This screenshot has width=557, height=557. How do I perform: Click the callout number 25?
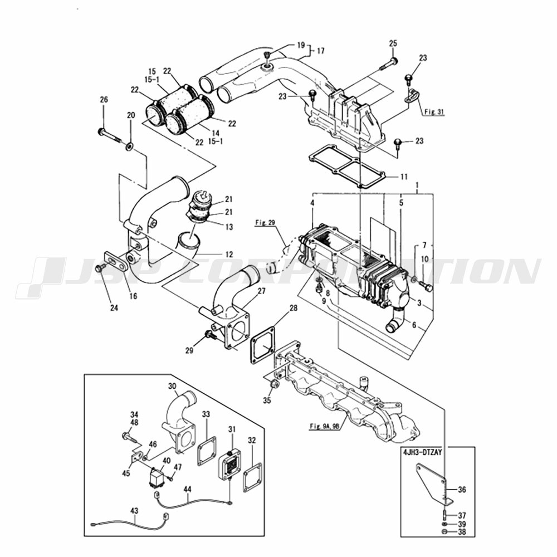pyautogui.click(x=393, y=43)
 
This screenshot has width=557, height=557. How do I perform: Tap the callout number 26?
pyautogui.click(x=104, y=100)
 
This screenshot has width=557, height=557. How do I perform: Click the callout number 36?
pyautogui.click(x=462, y=490)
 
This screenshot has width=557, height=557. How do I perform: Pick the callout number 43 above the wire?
pyautogui.click(x=134, y=510)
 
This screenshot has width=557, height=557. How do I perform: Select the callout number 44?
pyautogui.click(x=187, y=488)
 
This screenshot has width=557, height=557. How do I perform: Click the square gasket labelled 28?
pyautogui.click(x=262, y=346)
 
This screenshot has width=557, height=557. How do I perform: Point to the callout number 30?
pyautogui.click(x=172, y=385)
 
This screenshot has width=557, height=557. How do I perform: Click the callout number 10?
pyautogui.click(x=424, y=259)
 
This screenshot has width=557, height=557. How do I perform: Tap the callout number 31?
pyautogui.click(x=232, y=428)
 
